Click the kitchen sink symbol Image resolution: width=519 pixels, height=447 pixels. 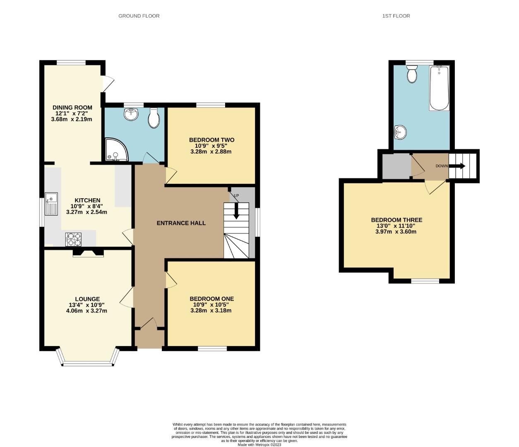click(52, 204)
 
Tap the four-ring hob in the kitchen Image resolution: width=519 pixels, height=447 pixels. click(73, 240)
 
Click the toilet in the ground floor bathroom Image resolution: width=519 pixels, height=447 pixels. click(154, 118)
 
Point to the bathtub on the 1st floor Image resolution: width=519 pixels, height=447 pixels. click(439, 88)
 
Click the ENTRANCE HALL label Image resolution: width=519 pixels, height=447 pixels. click(181, 223)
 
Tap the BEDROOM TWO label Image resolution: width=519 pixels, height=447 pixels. click(211, 140)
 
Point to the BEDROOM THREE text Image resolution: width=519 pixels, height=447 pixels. click(396, 220)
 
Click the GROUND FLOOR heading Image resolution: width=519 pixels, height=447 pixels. click(139, 16)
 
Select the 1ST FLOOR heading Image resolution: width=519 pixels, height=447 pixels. click(396, 16)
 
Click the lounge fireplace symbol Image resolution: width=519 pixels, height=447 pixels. click(88, 253)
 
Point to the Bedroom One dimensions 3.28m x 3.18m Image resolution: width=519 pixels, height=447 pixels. click(211, 310)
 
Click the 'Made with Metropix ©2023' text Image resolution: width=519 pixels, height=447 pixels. click(259, 445)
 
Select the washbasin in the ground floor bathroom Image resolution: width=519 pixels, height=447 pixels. click(132, 114)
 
